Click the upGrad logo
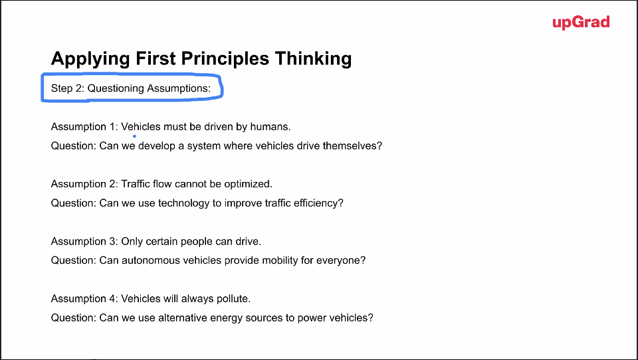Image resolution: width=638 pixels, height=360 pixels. [x=581, y=23]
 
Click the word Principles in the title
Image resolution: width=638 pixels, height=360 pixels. [x=225, y=58]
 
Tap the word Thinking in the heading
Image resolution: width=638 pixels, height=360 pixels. [x=313, y=58]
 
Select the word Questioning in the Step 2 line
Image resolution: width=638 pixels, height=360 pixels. [x=116, y=88]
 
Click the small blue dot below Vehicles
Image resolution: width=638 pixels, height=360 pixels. [x=134, y=136]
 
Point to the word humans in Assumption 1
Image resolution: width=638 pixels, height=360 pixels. [x=270, y=126]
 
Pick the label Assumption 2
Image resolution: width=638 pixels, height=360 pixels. [x=84, y=184]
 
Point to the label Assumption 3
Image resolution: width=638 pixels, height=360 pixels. [x=84, y=241]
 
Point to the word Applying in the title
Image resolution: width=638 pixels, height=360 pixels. [x=90, y=58]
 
